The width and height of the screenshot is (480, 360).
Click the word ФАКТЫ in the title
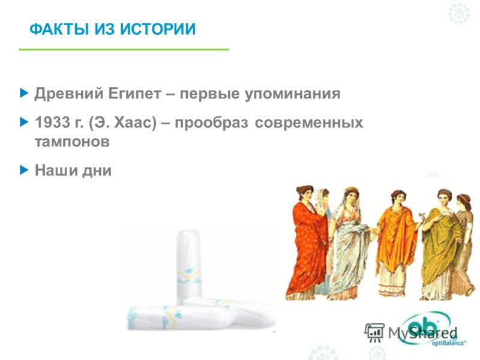click(x=59, y=29)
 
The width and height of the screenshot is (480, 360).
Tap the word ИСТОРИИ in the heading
click(x=158, y=29)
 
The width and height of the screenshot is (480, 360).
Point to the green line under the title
click(x=124, y=49)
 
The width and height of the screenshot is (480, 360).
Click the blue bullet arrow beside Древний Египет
click(x=24, y=93)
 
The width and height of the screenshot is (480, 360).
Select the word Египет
click(x=134, y=94)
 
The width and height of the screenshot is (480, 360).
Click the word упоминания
click(x=292, y=94)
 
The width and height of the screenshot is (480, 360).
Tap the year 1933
click(x=53, y=122)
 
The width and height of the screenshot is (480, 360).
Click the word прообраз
click(x=211, y=123)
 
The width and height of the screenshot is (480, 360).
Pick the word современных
click(x=309, y=123)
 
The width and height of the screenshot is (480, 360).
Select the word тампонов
click(x=72, y=142)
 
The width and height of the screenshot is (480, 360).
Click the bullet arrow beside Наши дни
click(x=24, y=170)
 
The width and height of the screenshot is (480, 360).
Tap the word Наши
click(x=56, y=170)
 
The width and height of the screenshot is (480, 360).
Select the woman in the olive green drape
click(x=441, y=245)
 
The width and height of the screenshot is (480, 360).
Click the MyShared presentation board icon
click(x=374, y=332)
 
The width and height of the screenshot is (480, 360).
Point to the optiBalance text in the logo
click(x=448, y=343)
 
